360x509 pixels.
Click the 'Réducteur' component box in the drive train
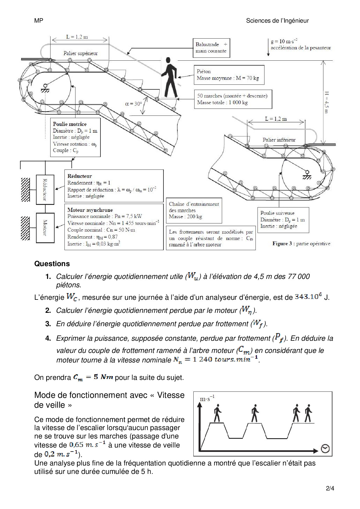(45, 189)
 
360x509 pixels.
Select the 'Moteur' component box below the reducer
(45, 228)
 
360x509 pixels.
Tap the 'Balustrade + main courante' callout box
(211, 48)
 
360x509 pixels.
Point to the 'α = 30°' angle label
(134, 104)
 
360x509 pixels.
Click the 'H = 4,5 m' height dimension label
(326, 102)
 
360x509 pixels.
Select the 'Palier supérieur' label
(80, 53)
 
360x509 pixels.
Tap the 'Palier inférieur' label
(279, 140)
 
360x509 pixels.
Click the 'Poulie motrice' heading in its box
(70, 124)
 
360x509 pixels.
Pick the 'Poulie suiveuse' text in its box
(277, 213)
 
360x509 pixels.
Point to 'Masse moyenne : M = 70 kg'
(228, 78)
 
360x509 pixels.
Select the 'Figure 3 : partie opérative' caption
(301, 243)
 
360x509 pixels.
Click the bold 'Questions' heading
(52, 263)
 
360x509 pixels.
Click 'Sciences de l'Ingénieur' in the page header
(277, 21)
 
